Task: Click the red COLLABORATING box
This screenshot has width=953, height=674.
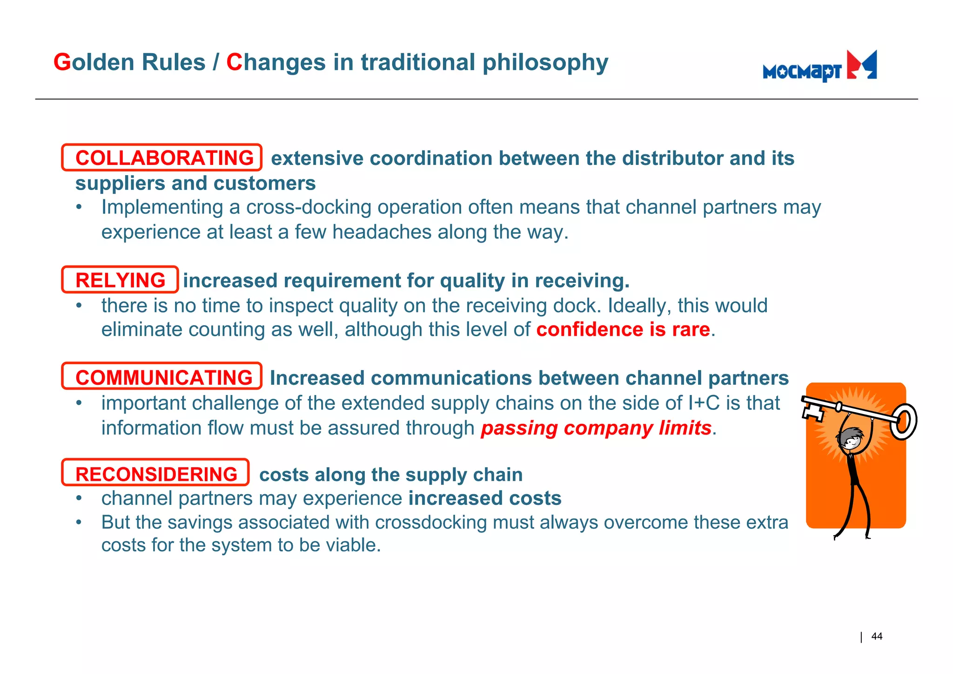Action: pos(162,158)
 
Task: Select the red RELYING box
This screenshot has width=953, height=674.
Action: pos(120,280)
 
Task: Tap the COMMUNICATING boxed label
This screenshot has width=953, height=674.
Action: pos(162,376)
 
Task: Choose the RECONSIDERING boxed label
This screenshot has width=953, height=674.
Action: pos(155,473)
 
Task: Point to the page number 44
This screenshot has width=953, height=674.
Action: pos(876,636)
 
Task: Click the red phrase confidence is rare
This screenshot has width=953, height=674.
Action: pos(623,329)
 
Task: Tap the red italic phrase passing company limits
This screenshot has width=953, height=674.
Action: pos(596,428)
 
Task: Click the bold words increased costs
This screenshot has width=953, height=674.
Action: pos(485,498)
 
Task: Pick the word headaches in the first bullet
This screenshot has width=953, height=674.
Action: pos(382,232)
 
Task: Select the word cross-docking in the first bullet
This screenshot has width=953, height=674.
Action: pos(309,207)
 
